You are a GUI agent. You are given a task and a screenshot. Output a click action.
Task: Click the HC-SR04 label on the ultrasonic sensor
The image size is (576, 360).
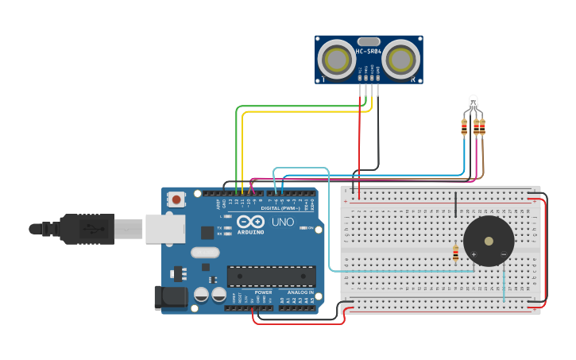coord(368,52)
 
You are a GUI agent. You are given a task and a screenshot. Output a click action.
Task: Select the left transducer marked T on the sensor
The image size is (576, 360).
coord(335,59)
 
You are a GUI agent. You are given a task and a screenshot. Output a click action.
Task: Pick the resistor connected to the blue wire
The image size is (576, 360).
coord(464,126)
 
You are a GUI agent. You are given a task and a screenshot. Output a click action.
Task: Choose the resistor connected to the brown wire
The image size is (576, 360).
coord(482,126)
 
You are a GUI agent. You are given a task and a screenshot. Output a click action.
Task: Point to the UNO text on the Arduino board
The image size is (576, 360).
coord(283,222)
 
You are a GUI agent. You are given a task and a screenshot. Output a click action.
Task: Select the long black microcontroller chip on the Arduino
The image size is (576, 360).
coord(271,276)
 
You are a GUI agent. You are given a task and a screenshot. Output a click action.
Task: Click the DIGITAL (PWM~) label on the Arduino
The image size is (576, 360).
coord(274,208)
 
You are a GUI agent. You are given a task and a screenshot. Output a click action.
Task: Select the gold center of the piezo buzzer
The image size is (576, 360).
coord(489,242)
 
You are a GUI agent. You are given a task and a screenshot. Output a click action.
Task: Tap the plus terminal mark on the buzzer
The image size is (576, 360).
coord(474,254)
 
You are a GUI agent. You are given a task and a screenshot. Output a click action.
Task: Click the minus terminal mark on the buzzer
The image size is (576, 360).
coord(503,254)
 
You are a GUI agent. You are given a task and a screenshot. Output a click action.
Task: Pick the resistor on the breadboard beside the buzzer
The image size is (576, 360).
coord(455,254)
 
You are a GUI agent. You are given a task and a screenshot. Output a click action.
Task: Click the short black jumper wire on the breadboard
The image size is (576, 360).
coord(455,204)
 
